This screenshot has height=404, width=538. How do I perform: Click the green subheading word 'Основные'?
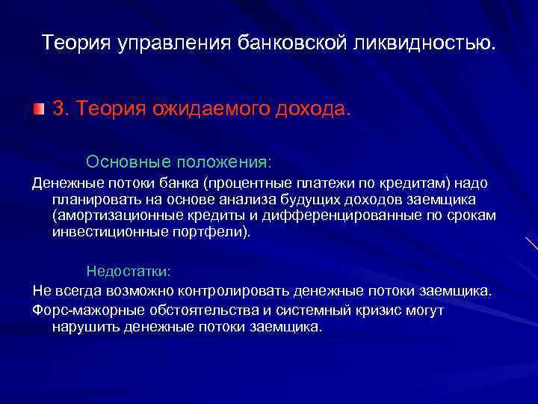117,162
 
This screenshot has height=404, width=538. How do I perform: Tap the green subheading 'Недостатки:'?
129,270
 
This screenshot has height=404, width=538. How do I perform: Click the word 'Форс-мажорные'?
80,310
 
